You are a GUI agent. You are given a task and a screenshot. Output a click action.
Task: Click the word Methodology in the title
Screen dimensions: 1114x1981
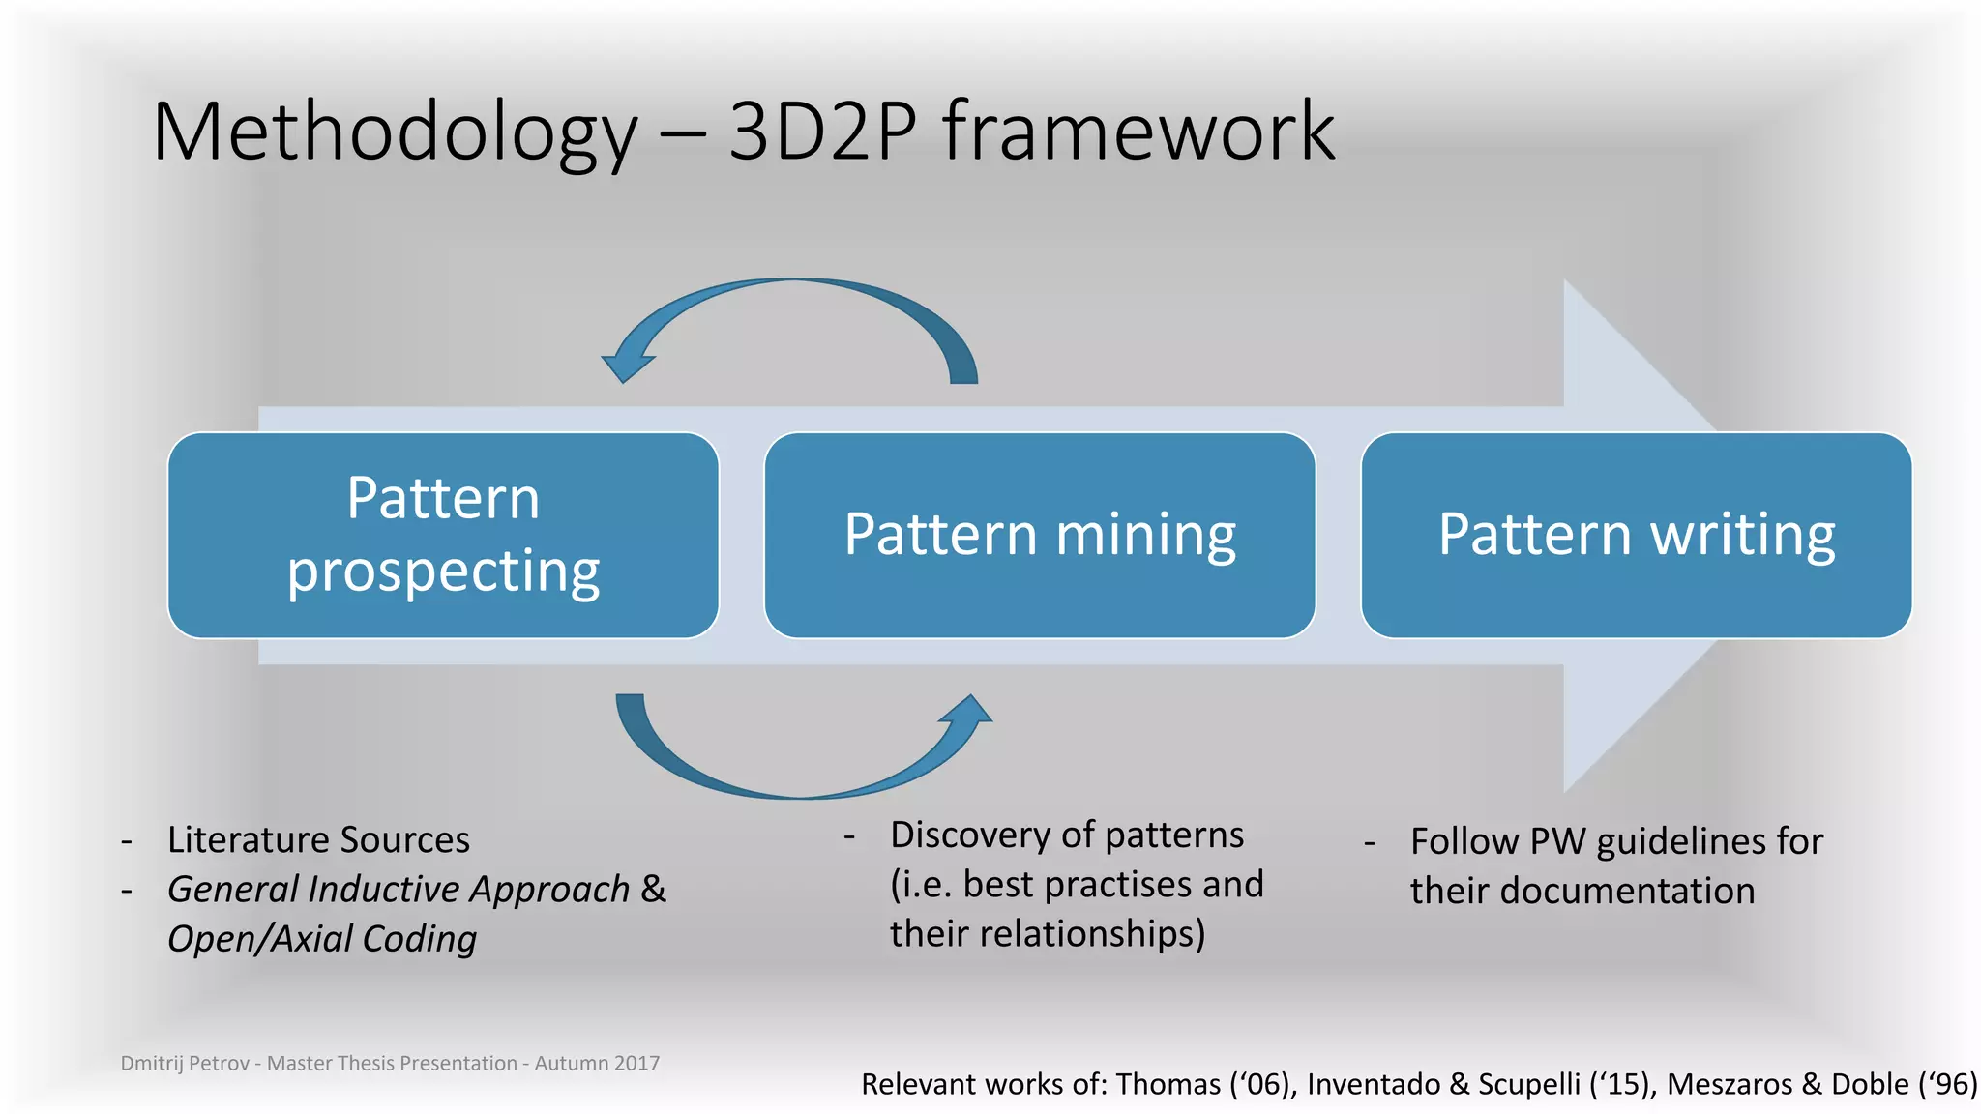coord(395,133)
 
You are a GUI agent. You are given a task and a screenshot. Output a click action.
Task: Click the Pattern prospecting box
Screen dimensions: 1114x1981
coord(443,535)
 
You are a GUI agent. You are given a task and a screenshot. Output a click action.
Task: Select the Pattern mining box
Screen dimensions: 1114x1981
coord(1040,535)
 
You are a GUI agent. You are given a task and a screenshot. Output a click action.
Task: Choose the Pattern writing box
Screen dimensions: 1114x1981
coord(1636,535)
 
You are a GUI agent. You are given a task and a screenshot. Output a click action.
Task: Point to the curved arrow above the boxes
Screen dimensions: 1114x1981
coord(793,290)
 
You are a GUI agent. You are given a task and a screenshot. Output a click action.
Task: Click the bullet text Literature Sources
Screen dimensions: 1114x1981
coord(318,839)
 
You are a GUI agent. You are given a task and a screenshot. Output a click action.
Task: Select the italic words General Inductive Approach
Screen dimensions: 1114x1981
coord(398,889)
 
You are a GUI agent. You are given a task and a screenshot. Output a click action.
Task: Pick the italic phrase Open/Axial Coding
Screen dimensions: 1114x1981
coord(322,938)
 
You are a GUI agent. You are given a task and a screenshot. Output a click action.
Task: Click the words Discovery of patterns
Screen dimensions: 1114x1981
coord(1067,835)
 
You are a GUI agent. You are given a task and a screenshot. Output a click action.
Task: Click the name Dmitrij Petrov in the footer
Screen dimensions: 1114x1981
coord(185,1063)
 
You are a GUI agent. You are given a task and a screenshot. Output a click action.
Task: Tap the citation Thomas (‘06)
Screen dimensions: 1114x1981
coord(1205,1084)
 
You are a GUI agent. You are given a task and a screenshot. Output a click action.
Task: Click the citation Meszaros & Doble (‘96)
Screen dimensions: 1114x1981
coord(1822,1084)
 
